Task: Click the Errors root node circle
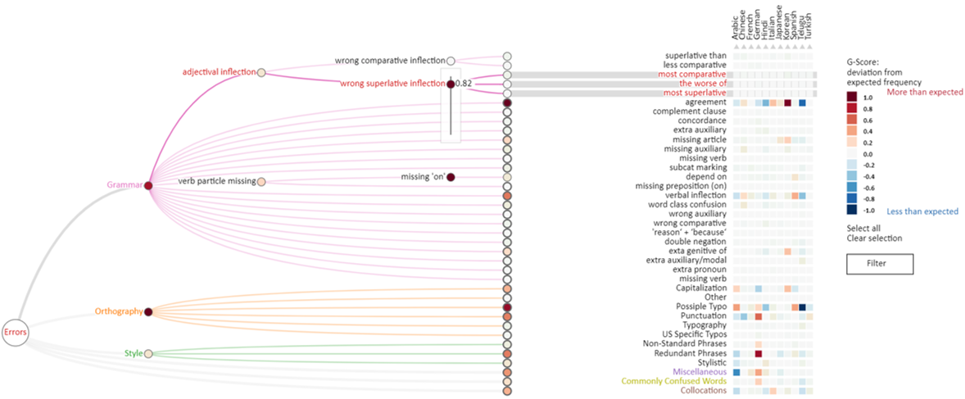click(16, 333)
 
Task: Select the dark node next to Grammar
click(148, 186)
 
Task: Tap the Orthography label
click(118, 312)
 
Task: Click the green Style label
click(134, 354)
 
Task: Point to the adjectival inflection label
click(219, 73)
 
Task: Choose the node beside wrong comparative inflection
click(451, 61)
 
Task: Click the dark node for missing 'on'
click(451, 177)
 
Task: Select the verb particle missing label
click(216, 180)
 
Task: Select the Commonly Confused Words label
click(673, 381)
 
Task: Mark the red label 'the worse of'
click(702, 84)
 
